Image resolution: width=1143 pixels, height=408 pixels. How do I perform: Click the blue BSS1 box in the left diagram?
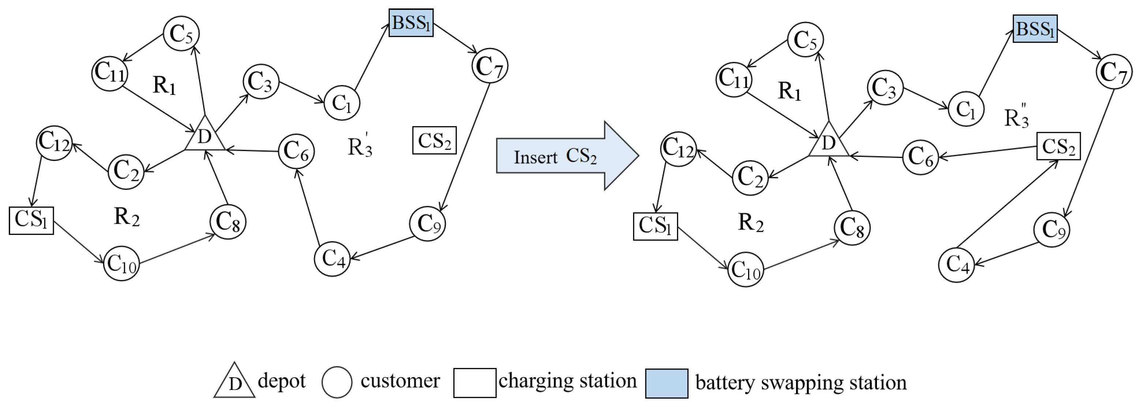[411, 23]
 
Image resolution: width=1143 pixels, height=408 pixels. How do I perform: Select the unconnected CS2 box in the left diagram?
[434, 141]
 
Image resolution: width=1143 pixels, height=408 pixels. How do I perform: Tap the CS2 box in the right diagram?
[1058, 146]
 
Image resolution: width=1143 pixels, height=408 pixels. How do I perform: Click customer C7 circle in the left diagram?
[489, 66]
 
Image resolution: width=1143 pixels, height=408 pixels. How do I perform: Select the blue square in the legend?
[666, 383]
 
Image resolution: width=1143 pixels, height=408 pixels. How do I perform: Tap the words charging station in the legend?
[568, 381]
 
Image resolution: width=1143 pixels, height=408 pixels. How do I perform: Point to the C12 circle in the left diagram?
[54, 142]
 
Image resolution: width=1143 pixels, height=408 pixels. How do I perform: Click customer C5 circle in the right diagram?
[805, 40]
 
